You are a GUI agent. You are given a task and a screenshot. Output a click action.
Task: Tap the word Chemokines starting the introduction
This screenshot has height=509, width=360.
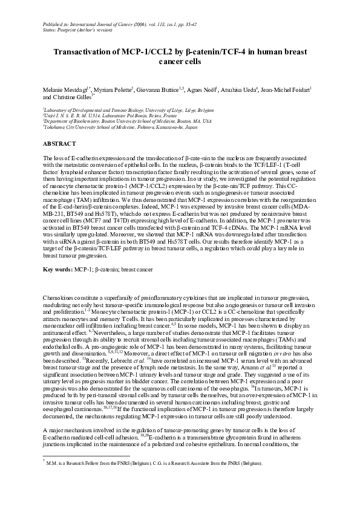59,299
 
